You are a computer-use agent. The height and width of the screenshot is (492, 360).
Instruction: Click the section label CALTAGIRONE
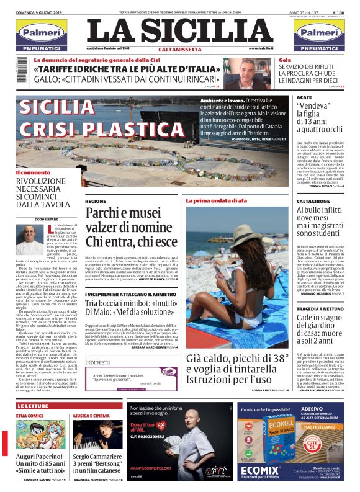[x=313, y=202]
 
